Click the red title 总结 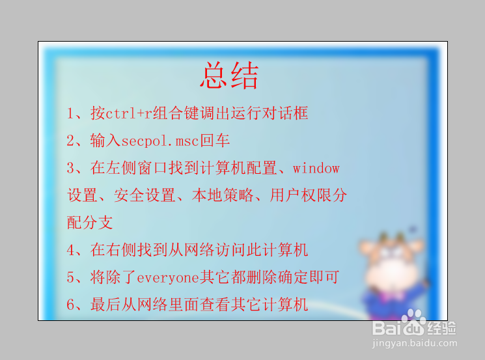click(x=229, y=76)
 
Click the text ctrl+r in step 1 click(x=128, y=113)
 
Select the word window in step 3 click(x=316, y=168)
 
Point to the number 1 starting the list click(x=72, y=113)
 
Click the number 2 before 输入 click(x=72, y=141)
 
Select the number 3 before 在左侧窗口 click(x=72, y=168)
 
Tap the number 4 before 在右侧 click(x=72, y=249)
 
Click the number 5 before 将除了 click(x=72, y=277)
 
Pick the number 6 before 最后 click(x=72, y=304)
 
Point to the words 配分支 click(x=90, y=223)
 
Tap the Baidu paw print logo click(x=414, y=320)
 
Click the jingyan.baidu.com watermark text click(x=415, y=343)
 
